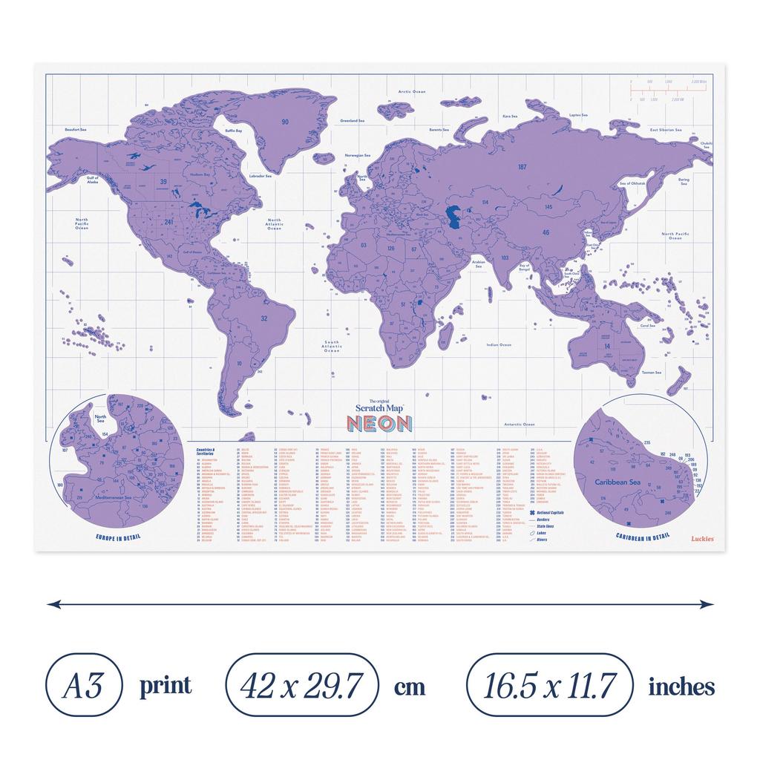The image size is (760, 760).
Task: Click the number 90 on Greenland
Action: pos(284,121)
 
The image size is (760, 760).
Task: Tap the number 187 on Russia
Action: pos(522,168)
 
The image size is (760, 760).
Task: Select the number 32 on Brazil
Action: pos(263,318)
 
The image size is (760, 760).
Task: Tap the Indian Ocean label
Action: pos(499,345)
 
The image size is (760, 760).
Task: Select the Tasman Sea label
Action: pos(652,373)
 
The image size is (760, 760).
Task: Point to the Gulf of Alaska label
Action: pos(94,180)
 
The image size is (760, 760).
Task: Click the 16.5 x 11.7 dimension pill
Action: pos(549,685)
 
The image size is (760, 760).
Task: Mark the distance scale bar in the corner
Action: pos(666,90)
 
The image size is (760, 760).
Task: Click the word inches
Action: pos(681,687)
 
